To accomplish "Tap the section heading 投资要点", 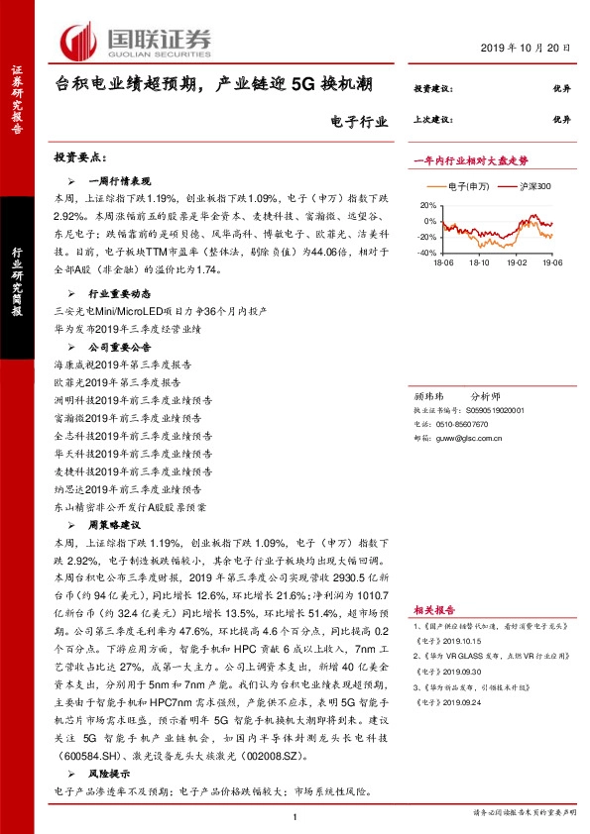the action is coord(79,158).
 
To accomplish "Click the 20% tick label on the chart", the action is coord(427,206).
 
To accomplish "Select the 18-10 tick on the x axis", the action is coord(479,263).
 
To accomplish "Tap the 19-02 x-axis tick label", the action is coord(517,263).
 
